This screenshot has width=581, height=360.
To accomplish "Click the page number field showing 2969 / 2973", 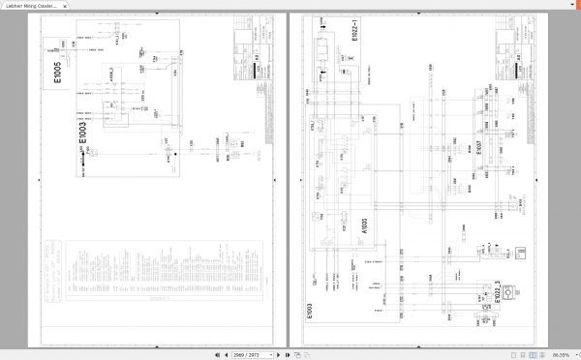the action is pyautogui.click(x=248, y=354).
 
